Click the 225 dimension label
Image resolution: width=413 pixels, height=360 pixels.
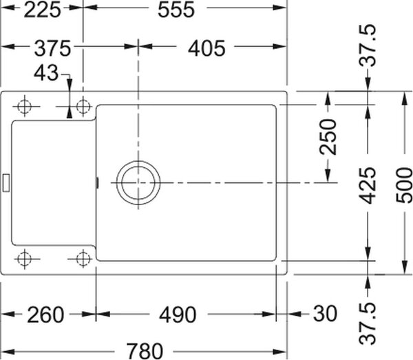click(x=42, y=10)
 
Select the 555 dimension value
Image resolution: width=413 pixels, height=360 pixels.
click(x=176, y=10)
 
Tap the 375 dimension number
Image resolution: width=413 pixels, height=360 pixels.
click(x=52, y=48)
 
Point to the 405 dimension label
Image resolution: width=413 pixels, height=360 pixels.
click(x=206, y=48)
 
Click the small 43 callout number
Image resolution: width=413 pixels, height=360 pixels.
click(x=46, y=73)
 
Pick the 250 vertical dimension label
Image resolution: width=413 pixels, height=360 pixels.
click(x=328, y=137)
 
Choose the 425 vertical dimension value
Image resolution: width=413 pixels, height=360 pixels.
click(x=368, y=185)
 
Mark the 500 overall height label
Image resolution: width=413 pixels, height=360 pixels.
click(x=404, y=185)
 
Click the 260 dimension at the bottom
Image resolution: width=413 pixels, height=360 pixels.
click(x=45, y=315)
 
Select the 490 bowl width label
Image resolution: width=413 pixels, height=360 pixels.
click(x=178, y=315)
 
